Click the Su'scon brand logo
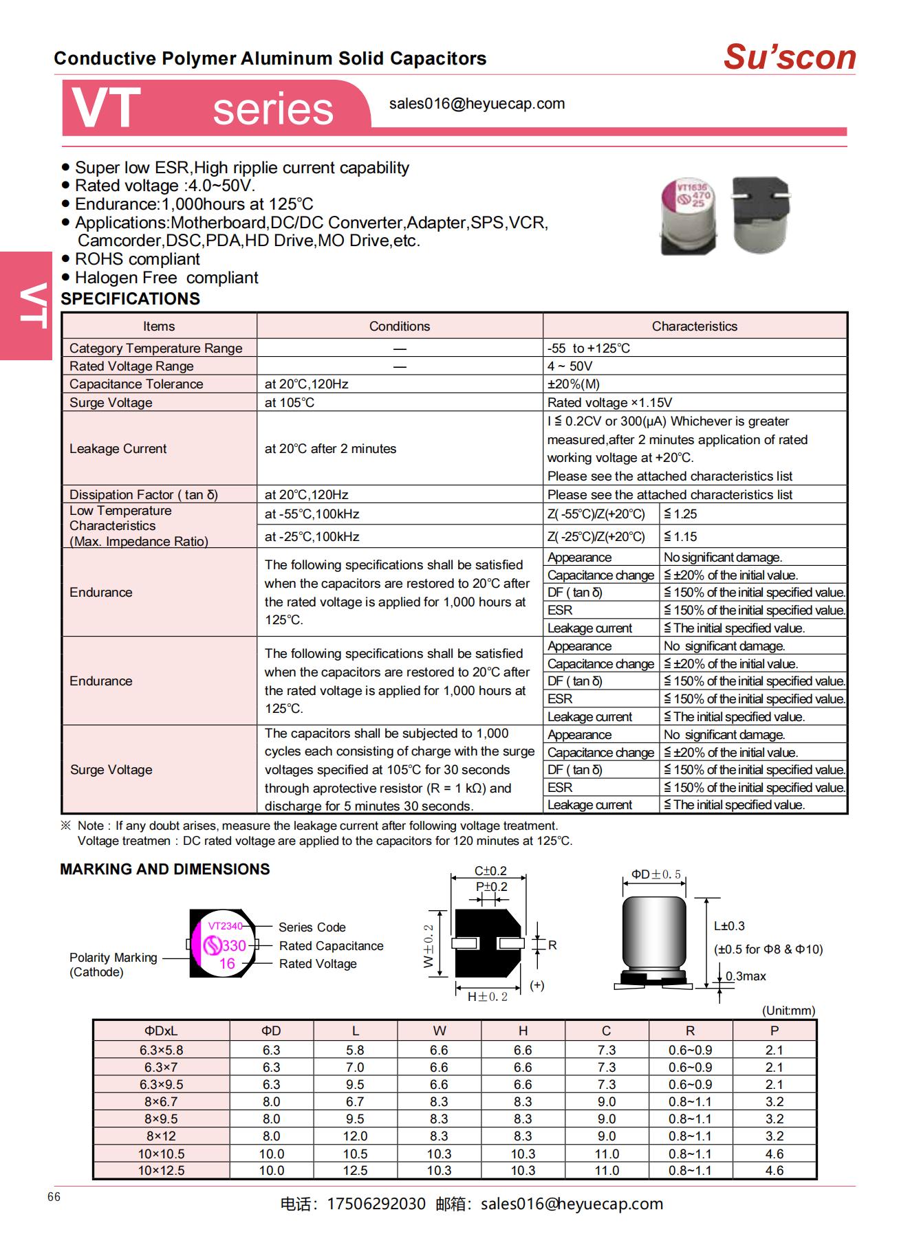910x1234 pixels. (x=789, y=57)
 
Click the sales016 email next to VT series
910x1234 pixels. (x=477, y=104)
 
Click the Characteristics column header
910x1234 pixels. (x=694, y=327)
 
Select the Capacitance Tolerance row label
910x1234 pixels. (x=136, y=384)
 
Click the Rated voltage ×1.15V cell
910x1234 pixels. (x=609, y=403)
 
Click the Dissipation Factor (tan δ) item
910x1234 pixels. (x=143, y=495)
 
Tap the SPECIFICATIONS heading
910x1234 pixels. (x=130, y=299)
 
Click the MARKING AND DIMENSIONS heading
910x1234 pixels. (x=164, y=869)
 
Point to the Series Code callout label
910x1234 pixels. (x=312, y=927)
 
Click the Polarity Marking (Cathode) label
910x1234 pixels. (x=113, y=965)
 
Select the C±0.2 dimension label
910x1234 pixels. (x=490, y=871)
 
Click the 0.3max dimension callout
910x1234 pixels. (x=746, y=976)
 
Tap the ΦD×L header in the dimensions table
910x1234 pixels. (x=161, y=1031)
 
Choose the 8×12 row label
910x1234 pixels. (x=161, y=1136)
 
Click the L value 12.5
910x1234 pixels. (x=355, y=1171)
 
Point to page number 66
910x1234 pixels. (x=54, y=1197)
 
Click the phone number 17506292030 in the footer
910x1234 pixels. (x=376, y=1204)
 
